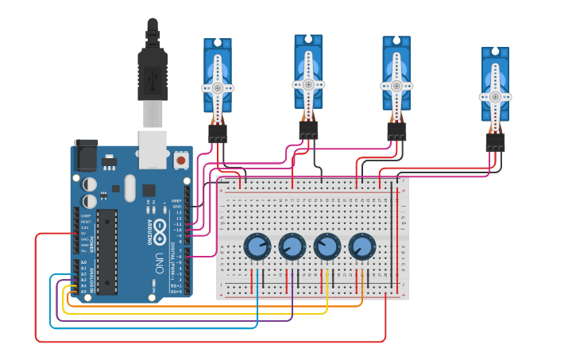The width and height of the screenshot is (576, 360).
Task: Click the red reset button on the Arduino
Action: coord(181,161)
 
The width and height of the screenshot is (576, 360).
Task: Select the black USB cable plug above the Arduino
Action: coord(153,75)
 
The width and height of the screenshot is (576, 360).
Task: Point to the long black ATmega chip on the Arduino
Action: coord(107,250)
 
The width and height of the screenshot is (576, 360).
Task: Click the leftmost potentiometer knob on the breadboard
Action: coord(257,246)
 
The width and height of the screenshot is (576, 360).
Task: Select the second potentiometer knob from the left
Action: coord(292,246)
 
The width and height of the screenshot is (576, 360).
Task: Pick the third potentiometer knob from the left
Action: coord(327,246)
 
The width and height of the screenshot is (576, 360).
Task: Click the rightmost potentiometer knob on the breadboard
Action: coord(361,246)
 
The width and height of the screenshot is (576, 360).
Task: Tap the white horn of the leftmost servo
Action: coord(217,88)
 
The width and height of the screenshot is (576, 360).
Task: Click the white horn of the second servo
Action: coord(307,83)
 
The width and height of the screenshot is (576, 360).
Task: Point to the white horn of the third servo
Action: coord(396,85)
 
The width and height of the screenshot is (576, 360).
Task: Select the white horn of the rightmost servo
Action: coord(495,97)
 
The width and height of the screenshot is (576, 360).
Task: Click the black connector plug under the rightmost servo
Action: coord(495,142)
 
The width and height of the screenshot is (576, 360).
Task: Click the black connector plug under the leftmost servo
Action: coord(217,134)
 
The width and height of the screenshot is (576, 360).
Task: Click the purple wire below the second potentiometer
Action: coord(292,302)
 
